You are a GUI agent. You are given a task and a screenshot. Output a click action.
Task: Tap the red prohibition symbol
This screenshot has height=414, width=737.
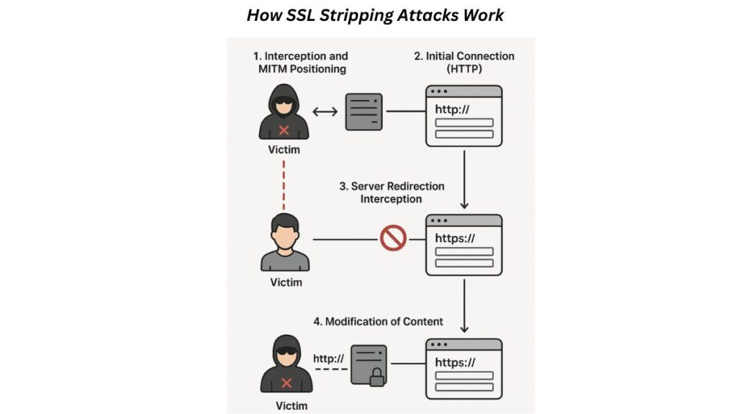393,238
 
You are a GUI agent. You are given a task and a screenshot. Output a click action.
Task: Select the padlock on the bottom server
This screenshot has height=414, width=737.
376,377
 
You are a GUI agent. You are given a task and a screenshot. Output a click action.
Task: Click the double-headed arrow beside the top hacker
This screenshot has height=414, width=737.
325,112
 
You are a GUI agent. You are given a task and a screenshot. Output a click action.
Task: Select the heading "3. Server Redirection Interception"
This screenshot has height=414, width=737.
392,192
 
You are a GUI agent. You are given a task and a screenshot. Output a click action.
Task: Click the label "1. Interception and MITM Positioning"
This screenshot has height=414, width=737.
302,62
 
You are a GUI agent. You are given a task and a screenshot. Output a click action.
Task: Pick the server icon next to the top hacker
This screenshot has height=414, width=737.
363,112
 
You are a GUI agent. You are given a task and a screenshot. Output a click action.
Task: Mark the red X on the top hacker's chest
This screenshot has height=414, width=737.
284,130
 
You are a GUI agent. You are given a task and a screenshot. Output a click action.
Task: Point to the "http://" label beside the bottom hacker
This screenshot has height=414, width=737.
328,358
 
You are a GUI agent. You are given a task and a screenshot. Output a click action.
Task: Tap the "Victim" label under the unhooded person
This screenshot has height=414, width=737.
286,282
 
